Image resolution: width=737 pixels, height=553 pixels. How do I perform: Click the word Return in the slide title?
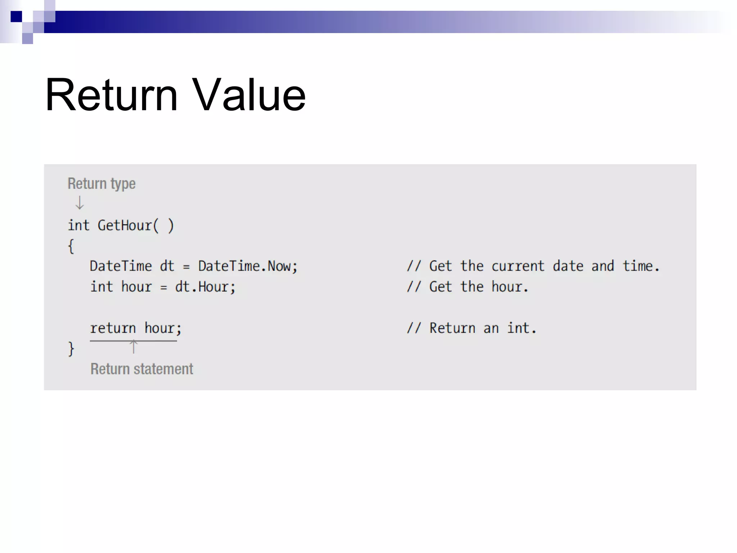click(111, 95)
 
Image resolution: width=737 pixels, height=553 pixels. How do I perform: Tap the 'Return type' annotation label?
click(101, 184)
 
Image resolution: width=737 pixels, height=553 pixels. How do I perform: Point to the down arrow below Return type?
click(80, 203)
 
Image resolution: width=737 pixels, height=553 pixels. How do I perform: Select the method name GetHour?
click(125, 226)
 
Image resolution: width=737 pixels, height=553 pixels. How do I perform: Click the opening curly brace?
click(71, 247)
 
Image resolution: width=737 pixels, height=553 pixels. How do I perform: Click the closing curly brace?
click(71, 349)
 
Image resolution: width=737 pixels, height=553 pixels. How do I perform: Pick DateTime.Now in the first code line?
click(247, 266)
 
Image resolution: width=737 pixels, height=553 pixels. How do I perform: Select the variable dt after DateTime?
click(167, 266)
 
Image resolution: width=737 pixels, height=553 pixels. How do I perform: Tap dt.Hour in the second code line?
click(204, 287)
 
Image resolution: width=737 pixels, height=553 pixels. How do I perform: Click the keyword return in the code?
click(113, 328)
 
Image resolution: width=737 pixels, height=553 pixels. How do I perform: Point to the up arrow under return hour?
click(134, 347)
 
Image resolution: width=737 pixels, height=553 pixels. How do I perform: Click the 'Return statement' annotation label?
click(142, 369)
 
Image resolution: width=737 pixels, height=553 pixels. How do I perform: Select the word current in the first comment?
click(518, 266)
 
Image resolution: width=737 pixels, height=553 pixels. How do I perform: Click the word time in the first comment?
click(638, 266)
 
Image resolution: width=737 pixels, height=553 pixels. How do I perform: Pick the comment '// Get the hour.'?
click(467, 287)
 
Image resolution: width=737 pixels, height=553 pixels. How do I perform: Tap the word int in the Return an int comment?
click(518, 328)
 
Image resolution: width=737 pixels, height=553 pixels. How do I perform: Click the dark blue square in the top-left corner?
click(16, 17)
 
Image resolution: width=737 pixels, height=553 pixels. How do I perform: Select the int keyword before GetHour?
click(78, 226)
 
